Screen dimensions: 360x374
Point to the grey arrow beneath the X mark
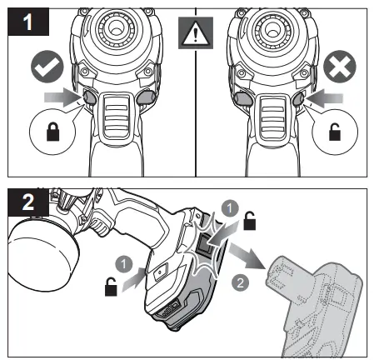[x=321, y=99]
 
